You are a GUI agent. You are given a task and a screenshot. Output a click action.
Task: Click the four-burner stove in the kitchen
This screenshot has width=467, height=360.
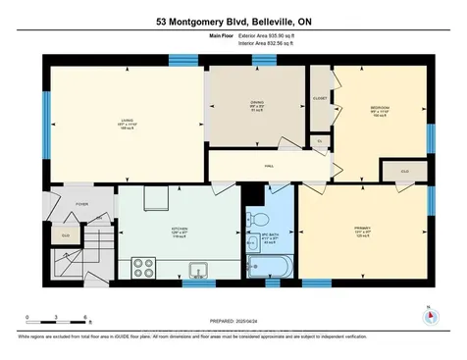click(143, 267)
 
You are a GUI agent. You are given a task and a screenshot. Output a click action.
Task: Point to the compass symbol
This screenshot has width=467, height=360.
click(428, 316)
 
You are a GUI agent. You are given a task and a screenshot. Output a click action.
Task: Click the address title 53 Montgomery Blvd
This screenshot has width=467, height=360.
click(233, 21)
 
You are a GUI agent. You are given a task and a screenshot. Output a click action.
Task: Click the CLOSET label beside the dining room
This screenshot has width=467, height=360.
click(321, 99)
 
